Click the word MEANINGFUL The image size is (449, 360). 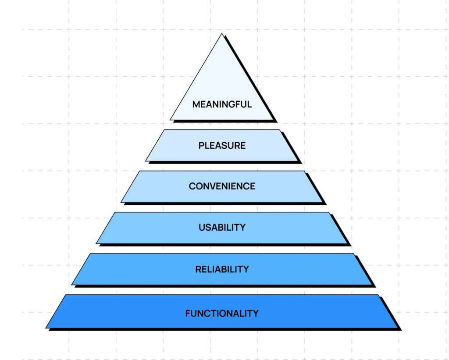[x=222, y=104]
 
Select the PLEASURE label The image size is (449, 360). [x=222, y=145]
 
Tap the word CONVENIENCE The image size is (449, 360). [x=222, y=186]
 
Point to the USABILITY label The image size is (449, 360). [x=222, y=227]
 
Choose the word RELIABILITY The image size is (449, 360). [x=222, y=269]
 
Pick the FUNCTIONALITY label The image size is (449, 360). [x=222, y=313]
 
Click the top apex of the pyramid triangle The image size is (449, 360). [x=222, y=34]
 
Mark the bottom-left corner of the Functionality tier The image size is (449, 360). [x=46, y=327]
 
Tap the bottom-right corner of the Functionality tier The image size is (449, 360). [x=397, y=327]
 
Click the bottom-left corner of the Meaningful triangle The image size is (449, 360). [x=170, y=119]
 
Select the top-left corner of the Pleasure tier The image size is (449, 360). [x=164, y=130]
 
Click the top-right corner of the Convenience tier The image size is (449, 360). [x=304, y=171]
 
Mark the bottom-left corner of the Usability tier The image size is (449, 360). [x=96, y=243]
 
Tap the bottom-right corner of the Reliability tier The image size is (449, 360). [x=372, y=285]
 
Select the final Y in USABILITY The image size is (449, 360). [x=242, y=227]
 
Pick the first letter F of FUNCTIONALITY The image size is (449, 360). [x=188, y=313]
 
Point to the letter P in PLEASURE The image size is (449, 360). [x=201, y=145]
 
